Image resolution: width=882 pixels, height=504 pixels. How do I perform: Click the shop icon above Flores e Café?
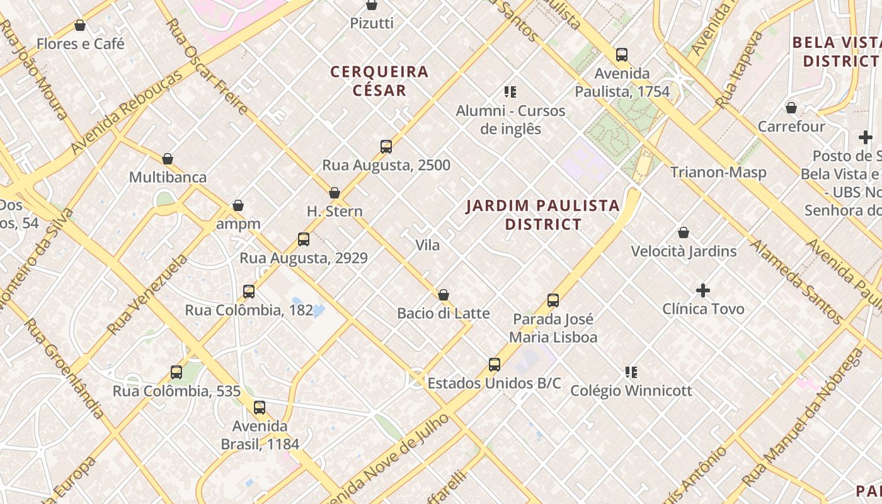pos(80,25)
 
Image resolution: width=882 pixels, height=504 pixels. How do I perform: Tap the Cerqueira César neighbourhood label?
pos(379,81)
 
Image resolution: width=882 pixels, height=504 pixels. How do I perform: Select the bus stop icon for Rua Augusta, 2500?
pos(386,147)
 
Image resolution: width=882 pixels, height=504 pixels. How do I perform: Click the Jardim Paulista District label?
pos(543,215)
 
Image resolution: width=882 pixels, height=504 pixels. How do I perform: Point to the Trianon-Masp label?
pos(718,172)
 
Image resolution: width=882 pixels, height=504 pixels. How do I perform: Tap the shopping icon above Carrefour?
pos(791,108)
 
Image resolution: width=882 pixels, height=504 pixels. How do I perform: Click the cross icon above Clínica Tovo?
pos(703,290)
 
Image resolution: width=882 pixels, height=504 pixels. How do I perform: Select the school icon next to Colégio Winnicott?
pos(631,372)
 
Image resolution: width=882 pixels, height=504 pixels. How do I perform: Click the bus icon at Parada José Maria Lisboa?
pos(553,301)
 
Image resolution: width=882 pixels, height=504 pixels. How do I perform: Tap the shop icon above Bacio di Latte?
pos(444,295)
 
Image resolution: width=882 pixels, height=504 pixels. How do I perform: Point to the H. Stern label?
pos(335,211)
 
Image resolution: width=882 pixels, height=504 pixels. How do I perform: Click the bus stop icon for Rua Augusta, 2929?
pos(304,239)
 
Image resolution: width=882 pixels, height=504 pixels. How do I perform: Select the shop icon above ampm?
pos(238,205)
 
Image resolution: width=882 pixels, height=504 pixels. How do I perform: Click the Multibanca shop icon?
pos(168,159)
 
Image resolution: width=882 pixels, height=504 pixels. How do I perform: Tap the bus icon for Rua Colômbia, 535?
pos(176,372)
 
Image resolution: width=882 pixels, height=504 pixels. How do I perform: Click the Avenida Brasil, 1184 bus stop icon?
pos(260,408)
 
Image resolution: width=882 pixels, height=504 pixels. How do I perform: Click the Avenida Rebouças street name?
pos(126,112)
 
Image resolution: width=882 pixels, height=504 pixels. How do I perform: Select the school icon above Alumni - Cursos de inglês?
pos(510,92)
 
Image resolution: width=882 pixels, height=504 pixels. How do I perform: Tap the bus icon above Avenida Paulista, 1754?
pos(622,55)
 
